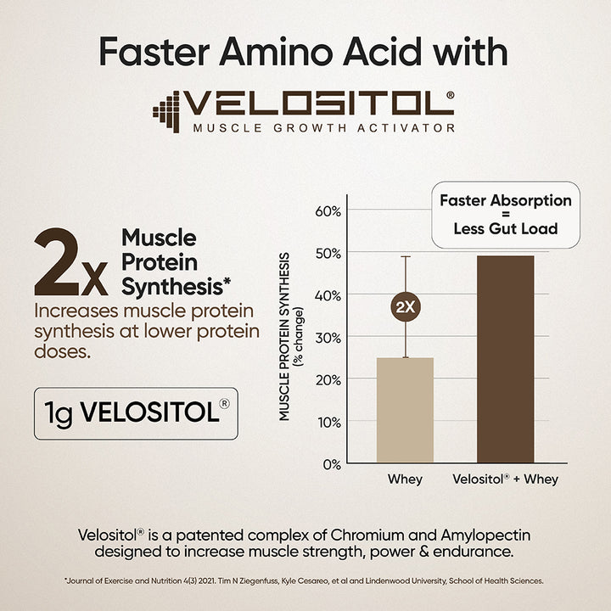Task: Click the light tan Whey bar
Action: tap(405, 411)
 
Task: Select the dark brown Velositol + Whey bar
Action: tap(506, 359)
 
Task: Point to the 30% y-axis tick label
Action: tap(329, 337)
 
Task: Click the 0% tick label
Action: tap(332, 464)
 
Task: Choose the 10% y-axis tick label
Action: tap(329, 422)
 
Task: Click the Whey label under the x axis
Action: tap(405, 479)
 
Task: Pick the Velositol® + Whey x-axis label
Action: tap(506, 479)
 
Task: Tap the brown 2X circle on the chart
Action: tap(406, 307)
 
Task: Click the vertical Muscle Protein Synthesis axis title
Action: tap(293, 335)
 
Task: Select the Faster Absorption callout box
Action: tap(505, 215)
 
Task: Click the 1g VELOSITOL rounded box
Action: tap(136, 413)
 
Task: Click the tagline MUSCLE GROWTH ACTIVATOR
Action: tap(323, 128)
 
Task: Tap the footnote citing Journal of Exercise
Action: tap(304, 581)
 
